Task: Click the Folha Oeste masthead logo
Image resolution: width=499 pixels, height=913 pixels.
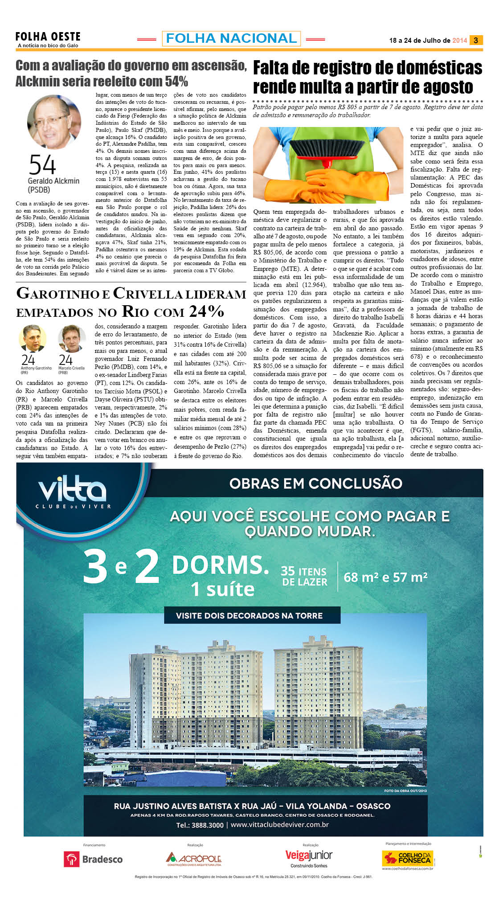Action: pos(48,37)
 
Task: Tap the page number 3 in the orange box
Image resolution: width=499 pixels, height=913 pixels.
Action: pos(476,40)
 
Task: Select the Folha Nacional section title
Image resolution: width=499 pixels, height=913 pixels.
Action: pos(231,38)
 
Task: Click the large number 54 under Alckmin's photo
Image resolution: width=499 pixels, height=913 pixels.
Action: pos(43,165)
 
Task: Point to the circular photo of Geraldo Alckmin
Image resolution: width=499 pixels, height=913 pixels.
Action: pos(54,122)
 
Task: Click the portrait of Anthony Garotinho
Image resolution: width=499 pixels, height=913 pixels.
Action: pos(33,339)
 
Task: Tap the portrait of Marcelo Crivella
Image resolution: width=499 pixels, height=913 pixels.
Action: pos(71,339)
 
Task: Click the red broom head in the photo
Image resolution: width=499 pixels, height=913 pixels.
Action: pos(327,147)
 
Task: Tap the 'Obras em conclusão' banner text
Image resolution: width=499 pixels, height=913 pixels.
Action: pos(315,483)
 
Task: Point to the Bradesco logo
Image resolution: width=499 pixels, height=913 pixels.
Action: pos(94,859)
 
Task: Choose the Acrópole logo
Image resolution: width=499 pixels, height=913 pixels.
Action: pos(194,859)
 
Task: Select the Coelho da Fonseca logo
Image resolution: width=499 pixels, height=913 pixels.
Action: pos(408,858)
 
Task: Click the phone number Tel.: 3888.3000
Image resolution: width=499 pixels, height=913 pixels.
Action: pos(200,825)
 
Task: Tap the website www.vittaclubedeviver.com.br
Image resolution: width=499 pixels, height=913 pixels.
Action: pos(280,825)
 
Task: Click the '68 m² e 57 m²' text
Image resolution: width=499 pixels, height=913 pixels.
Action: pos(385,577)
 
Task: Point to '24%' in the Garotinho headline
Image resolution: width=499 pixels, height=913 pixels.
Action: pos(206,311)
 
